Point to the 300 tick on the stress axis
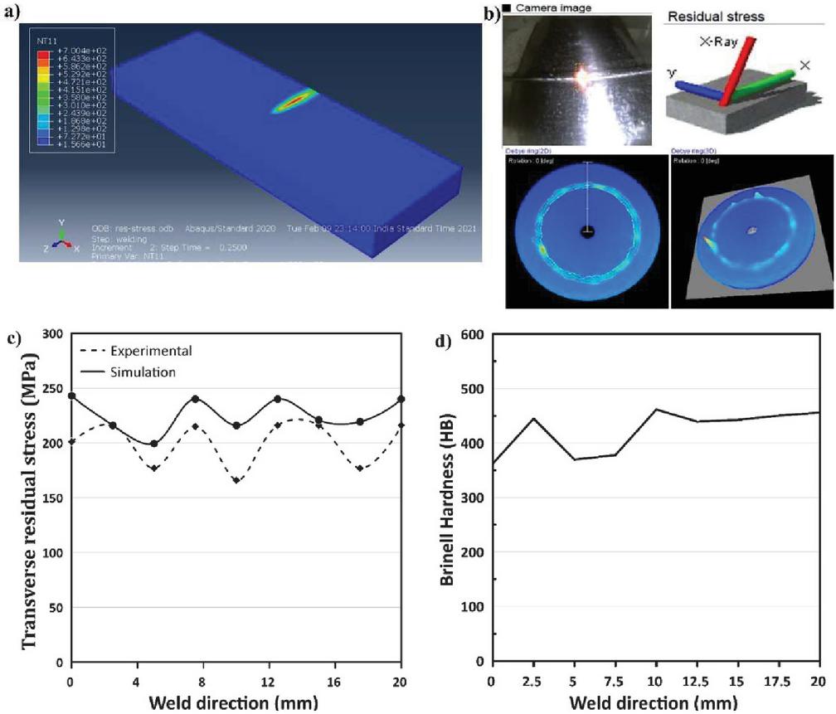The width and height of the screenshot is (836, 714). (54, 334)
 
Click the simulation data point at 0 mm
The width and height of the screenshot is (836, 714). (72, 396)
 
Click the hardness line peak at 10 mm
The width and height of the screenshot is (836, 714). (656, 409)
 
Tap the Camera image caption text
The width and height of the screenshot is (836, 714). (552, 8)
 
